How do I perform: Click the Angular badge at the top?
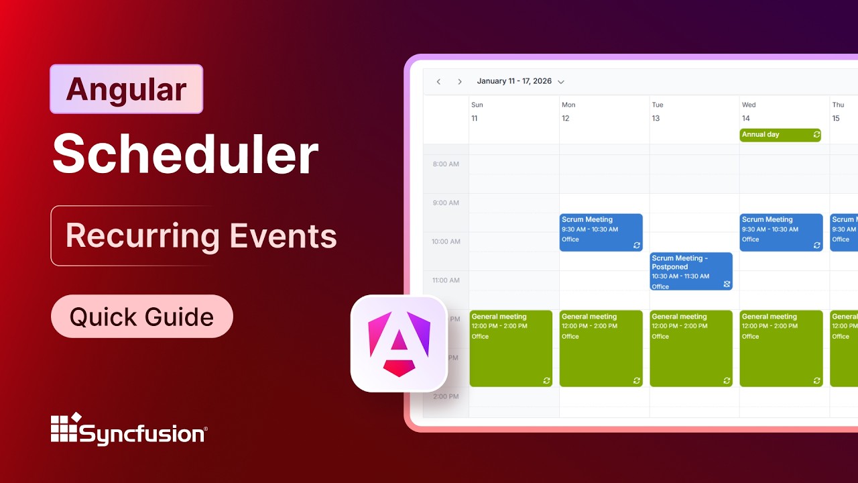point(126,89)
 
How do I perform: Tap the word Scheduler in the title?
point(185,155)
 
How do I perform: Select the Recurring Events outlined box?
point(200,235)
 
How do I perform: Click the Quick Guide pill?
point(141,317)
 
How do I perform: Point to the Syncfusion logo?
point(129,429)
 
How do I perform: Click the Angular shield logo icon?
point(399,343)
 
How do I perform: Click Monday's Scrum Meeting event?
point(601,232)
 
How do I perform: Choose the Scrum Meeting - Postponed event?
point(690,271)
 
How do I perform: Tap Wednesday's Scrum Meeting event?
point(781,232)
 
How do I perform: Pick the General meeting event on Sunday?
point(511,348)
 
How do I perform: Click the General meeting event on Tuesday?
point(691,348)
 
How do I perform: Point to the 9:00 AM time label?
point(445,203)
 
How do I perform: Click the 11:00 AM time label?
point(445,280)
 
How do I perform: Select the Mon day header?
point(568,105)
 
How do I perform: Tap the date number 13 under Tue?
point(656,119)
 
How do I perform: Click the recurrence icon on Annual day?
point(816,135)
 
